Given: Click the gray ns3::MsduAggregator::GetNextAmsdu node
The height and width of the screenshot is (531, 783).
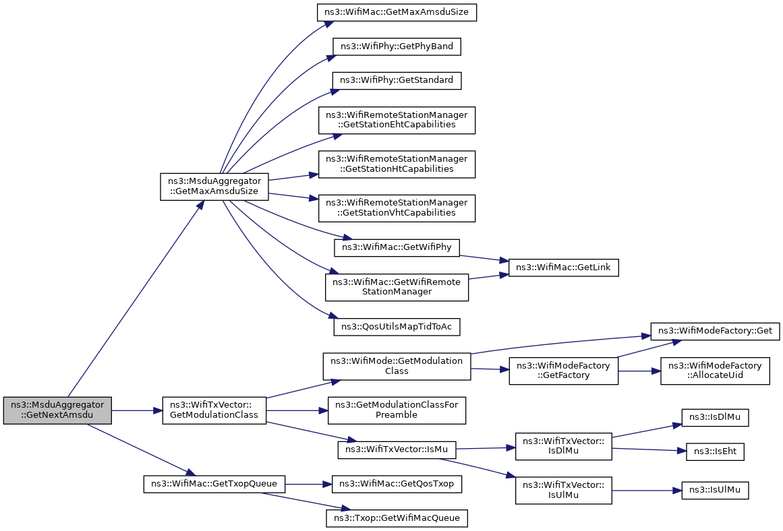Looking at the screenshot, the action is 57,411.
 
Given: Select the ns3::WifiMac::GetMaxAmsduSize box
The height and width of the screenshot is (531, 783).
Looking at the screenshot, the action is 397,12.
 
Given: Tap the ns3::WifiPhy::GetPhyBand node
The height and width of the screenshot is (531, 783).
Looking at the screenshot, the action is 397,46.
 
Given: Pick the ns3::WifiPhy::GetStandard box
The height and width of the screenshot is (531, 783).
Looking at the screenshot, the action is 397,80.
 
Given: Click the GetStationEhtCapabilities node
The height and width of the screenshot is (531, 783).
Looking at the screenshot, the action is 397,120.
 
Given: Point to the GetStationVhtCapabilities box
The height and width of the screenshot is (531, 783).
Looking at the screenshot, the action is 397,208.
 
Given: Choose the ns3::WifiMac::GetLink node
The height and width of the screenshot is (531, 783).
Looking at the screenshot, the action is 563,268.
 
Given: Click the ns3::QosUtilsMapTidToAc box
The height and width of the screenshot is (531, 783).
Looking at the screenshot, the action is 397,327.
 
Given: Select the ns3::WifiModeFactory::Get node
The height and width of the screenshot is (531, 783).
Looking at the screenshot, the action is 715,331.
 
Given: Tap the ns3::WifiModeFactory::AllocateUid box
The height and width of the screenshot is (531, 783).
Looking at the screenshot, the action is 715,371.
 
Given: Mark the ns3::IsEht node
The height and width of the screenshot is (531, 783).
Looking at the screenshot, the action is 715,451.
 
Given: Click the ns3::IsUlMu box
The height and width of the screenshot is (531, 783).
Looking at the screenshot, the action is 715,491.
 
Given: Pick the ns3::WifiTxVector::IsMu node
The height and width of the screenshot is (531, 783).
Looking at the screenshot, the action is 397,449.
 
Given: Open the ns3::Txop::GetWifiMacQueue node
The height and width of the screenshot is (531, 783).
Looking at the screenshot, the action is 397,518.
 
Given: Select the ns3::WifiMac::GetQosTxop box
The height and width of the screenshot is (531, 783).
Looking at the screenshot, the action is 397,484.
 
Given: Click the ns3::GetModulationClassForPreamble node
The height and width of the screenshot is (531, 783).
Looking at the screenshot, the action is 397,410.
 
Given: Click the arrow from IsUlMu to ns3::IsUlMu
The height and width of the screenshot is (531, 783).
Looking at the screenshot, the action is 647,491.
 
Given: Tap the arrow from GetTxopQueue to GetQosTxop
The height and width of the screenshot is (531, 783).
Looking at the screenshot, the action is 309,484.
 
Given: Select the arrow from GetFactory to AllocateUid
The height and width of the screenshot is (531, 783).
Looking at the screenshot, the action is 639,371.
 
